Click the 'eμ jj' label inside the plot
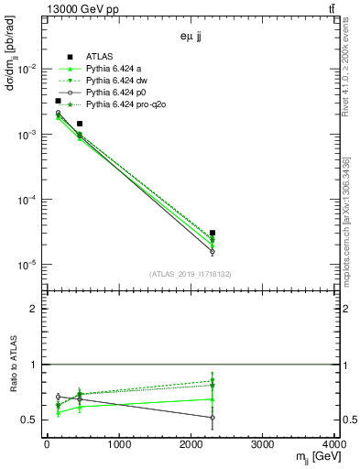pyautogui.click(x=191, y=39)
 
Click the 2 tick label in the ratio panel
pyautogui.click(x=38, y=309)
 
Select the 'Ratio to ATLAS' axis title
pyautogui.click(x=11, y=365)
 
